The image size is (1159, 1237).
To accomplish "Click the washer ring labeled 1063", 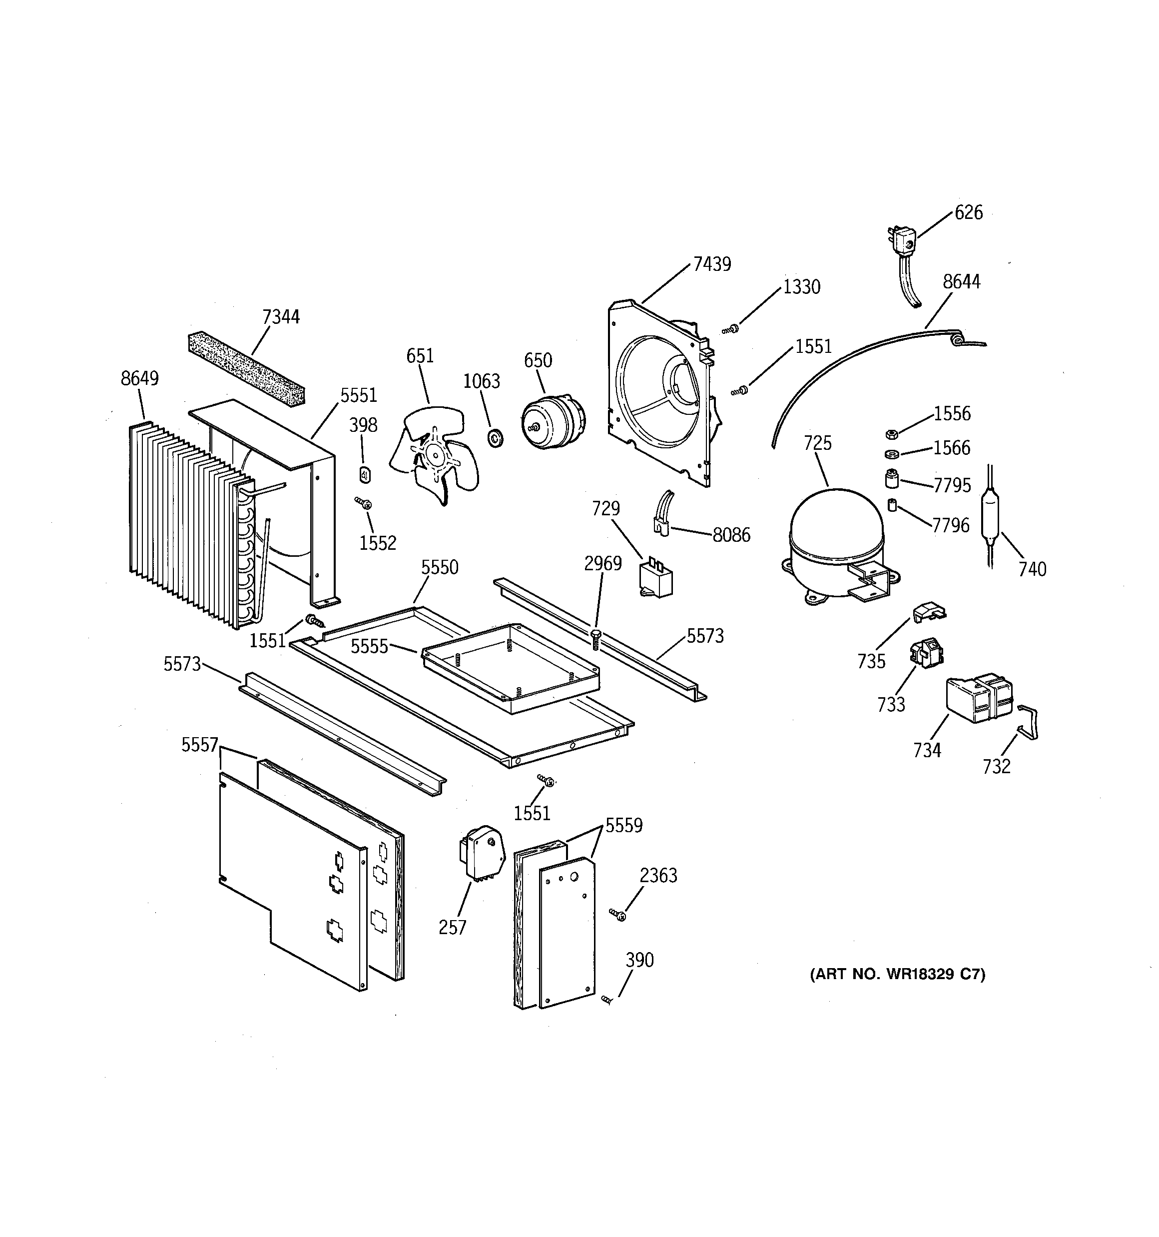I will [497, 437].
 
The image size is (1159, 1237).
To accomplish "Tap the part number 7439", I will [712, 264].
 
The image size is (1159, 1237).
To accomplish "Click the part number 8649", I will [139, 378].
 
